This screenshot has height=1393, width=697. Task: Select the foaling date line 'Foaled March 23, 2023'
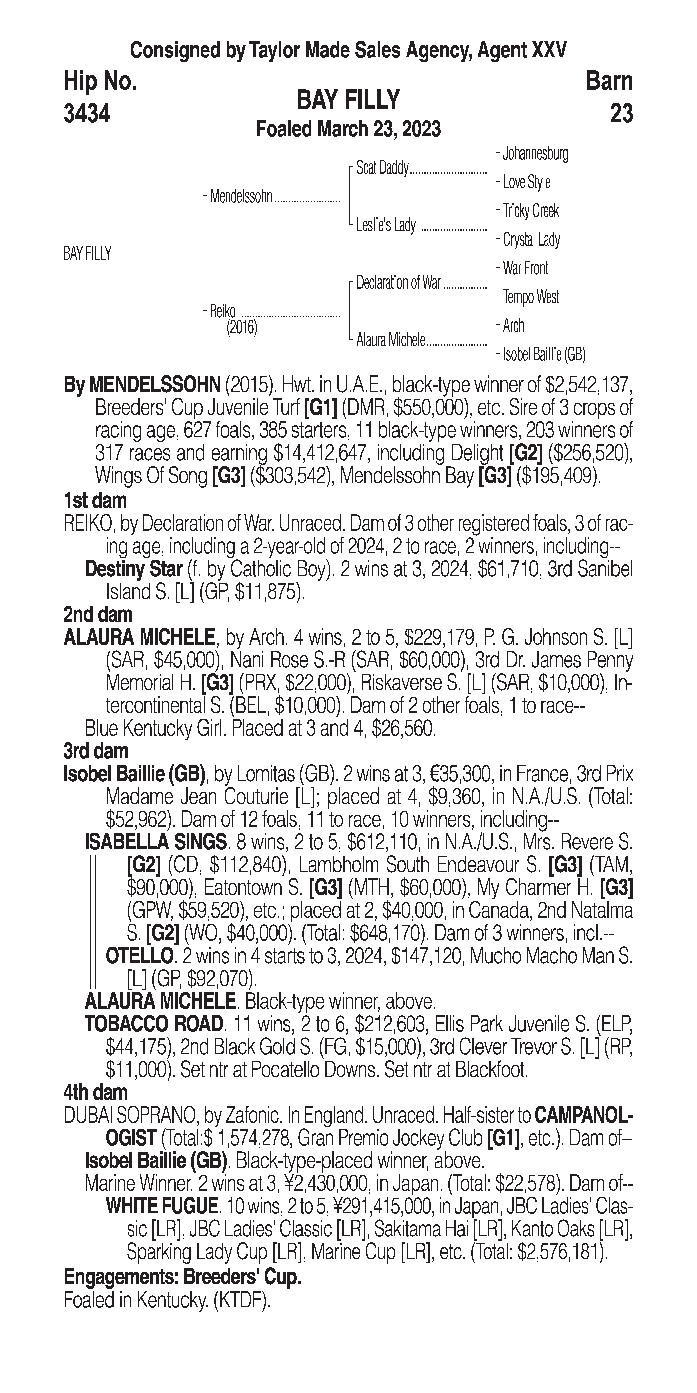(348, 129)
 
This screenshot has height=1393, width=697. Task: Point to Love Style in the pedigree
(526, 182)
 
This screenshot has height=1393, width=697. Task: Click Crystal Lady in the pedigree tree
(531, 240)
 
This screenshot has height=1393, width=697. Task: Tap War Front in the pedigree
(525, 268)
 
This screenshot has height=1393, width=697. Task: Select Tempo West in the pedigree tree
(531, 297)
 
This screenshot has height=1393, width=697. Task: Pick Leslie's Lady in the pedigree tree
(386, 225)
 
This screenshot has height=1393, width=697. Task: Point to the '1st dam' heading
(95, 501)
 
